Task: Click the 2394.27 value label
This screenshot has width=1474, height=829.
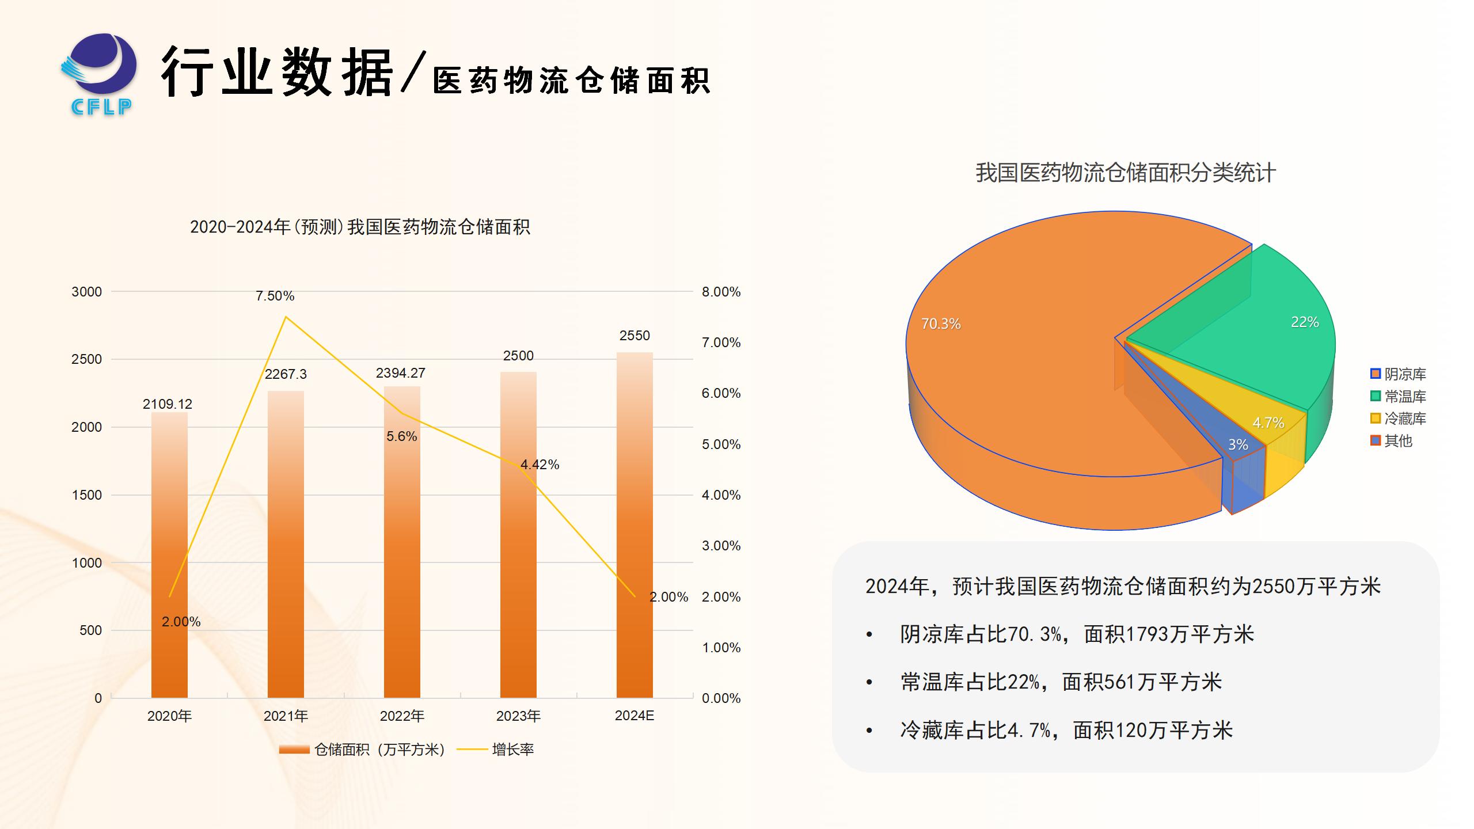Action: tap(401, 373)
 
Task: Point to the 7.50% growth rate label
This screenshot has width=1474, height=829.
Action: tap(275, 296)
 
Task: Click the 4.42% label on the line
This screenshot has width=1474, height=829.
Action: tap(540, 465)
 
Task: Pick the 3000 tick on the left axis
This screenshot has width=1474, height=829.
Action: tap(86, 292)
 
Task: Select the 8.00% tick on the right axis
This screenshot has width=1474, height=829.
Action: tap(721, 292)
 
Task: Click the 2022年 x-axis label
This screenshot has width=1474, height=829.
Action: tap(402, 716)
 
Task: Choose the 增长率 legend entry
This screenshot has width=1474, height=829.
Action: tap(512, 750)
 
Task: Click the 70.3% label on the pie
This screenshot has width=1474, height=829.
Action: tap(941, 324)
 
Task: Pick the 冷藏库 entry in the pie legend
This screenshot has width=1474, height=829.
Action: tap(1404, 419)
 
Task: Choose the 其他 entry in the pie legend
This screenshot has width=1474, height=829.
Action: tap(1397, 441)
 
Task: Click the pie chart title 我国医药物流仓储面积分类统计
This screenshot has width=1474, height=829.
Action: tap(1125, 173)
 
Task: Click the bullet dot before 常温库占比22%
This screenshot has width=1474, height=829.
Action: tap(869, 683)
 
